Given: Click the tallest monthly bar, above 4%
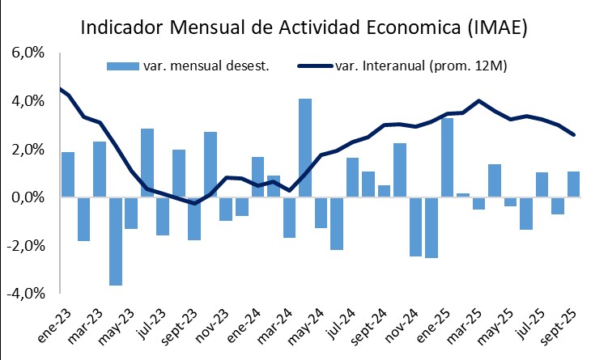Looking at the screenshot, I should pos(305,147).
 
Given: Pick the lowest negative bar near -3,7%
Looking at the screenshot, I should pos(116,241).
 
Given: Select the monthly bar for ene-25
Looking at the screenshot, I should pos(447,158).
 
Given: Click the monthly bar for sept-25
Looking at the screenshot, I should pos(573,184).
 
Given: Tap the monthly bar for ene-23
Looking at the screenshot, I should pos(68,174).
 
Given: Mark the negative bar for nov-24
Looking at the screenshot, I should pos(415,227).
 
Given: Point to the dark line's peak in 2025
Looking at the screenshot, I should pos(479,101).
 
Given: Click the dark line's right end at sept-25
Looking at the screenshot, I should pos(573,134).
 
